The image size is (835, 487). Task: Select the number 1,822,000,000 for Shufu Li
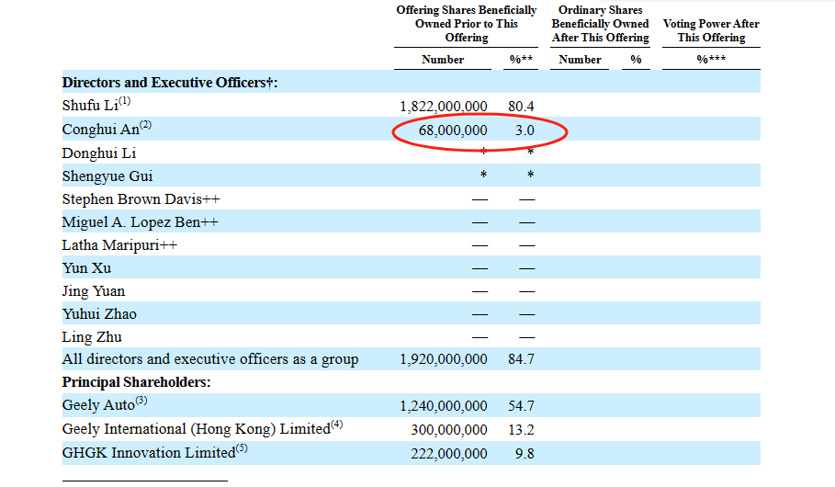click(444, 107)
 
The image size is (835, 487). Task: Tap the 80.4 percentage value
click(521, 107)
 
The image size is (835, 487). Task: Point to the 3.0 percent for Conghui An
click(525, 130)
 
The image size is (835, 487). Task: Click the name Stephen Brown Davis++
click(141, 198)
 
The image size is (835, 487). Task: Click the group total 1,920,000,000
click(444, 359)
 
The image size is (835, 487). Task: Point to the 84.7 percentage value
click(521, 359)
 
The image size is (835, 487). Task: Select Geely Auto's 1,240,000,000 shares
click(444, 405)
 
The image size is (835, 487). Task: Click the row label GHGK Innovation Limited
click(149, 452)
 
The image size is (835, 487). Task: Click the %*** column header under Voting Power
click(710, 60)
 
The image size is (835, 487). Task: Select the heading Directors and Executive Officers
click(169, 83)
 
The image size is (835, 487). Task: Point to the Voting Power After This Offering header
click(711, 30)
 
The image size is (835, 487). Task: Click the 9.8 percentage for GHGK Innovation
click(525, 452)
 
